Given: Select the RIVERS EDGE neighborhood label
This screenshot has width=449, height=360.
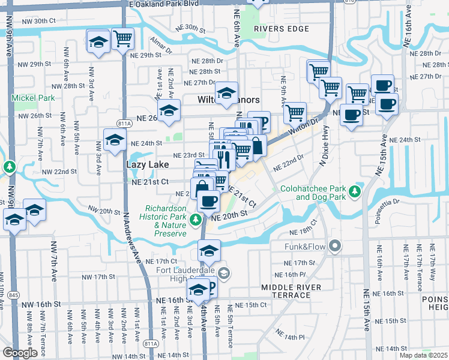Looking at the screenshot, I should tap(276, 28).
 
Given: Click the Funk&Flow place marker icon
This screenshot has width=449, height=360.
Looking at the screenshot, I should tap(334, 245).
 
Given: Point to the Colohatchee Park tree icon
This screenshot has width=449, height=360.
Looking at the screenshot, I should tap(355, 191).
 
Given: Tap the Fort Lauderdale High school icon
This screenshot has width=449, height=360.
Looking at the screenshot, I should tap(224, 274).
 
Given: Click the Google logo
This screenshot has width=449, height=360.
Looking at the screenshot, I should tap(20, 353).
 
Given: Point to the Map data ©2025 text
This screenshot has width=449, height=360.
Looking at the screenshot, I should tap(420, 355).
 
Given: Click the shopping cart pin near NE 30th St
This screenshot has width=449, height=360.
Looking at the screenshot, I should tap(122, 40).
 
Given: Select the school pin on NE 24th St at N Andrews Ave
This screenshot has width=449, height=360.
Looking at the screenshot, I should tap(115, 140).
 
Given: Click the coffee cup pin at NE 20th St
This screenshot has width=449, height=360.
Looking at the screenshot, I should tap(208, 202).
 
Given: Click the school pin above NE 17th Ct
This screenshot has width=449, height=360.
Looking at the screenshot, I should tap(209, 251).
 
